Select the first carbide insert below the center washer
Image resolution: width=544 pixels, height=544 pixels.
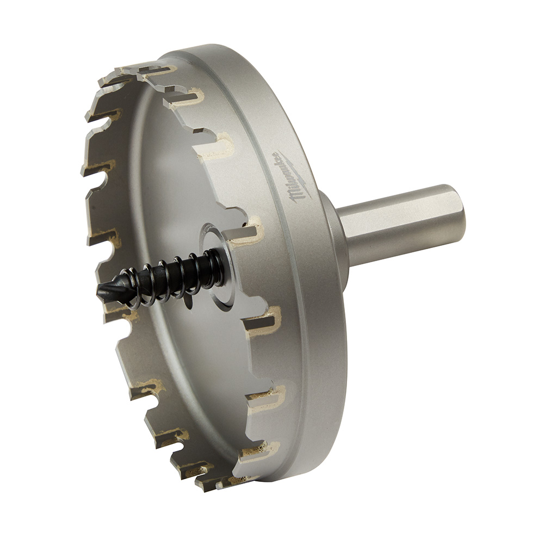261,321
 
